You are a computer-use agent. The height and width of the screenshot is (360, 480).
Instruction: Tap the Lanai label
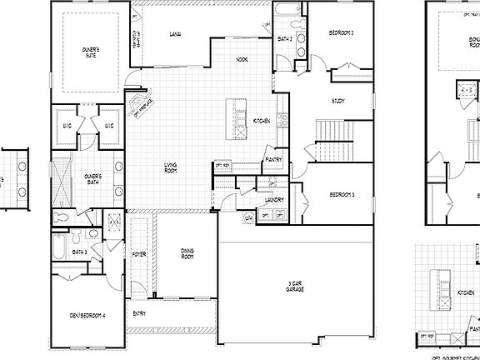click(x=175, y=34)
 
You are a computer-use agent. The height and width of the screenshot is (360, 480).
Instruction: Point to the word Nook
click(x=242, y=60)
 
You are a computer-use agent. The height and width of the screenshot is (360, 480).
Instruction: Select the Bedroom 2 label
click(x=342, y=32)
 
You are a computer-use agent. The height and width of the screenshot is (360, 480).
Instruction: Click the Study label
click(x=337, y=101)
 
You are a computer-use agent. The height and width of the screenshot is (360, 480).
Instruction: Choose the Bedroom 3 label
click(x=342, y=194)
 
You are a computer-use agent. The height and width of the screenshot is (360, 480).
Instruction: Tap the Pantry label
click(x=273, y=159)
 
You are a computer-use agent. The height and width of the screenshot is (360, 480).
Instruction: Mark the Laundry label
click(x=275, y=200)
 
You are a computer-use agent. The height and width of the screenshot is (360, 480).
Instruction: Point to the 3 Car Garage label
click(x=295, y=286)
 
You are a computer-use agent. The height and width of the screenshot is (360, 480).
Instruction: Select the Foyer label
click(x=138, y=254)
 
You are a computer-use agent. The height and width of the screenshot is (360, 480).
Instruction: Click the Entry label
click(x=139, y=313)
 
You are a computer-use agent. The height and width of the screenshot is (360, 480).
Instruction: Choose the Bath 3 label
click(x=80, y=252)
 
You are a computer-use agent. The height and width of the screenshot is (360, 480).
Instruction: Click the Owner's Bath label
click(x=92, y=178)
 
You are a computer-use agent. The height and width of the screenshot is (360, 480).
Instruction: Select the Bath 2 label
click(x=283, y=38)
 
